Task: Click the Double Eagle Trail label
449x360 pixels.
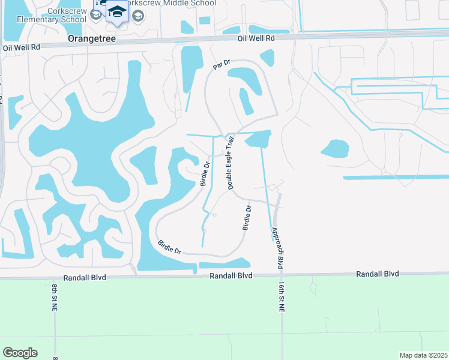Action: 231,163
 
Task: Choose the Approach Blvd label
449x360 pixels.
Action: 277,248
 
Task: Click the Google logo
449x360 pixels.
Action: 20,353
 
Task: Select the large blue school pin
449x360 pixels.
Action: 117,12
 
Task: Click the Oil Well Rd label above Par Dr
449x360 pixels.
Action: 255,38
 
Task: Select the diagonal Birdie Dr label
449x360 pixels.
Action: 169,247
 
